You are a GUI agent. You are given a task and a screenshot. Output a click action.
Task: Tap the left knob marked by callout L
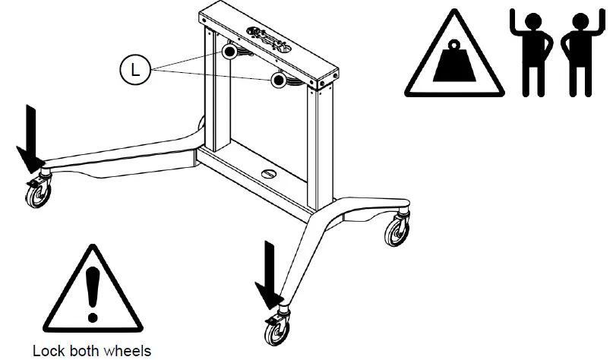229,51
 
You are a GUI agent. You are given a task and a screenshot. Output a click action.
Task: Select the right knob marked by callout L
278,78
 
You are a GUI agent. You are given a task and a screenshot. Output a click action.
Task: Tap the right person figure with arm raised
577,53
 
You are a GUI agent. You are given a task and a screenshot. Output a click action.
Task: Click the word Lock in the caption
46,351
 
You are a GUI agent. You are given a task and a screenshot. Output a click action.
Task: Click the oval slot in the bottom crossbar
270,174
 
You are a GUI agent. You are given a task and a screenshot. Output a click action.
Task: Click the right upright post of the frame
318,144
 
